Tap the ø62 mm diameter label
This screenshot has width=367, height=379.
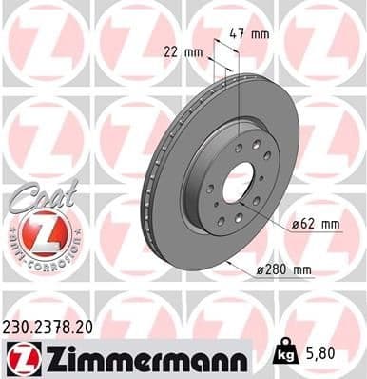point(317,224)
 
